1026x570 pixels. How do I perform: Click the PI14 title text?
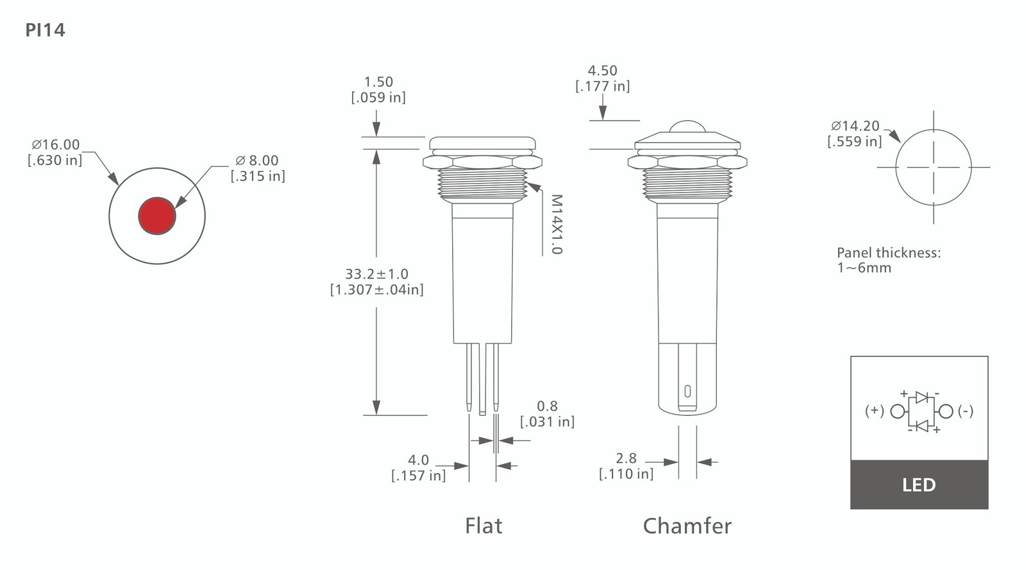[45, 30]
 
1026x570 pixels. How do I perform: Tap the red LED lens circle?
[157, 216]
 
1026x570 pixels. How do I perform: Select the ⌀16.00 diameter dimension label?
[55, 144]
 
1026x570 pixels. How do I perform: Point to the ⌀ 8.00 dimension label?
[257, 160]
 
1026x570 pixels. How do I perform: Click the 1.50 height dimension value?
[378, 82]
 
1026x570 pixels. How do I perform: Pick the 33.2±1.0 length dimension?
[376, 273]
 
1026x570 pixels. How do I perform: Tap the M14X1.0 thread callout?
[556, 224]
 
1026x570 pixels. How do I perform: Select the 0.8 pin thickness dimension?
[548, 406]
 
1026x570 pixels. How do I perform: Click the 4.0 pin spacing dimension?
[419, 460]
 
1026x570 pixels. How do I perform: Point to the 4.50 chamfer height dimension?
[602, 71]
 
